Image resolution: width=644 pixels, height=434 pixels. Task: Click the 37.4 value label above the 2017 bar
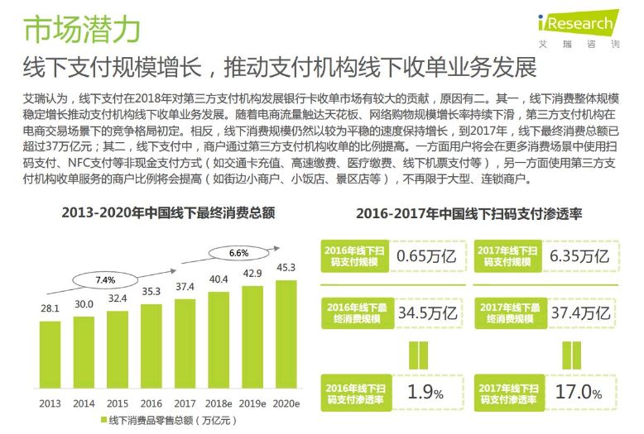[x=185, y=286]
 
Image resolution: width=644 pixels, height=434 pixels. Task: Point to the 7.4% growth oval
[x=105, y=279]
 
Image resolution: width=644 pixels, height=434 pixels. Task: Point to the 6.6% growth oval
[x=238, y=252]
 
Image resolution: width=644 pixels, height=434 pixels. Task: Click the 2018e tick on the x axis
[x=219, y=403]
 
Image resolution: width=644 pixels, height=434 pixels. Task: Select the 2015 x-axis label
[x=118, y=403]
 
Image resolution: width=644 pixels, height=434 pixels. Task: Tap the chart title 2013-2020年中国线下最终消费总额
[x=168, y=212]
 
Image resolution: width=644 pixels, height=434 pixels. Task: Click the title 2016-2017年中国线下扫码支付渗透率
[x=469, y=212]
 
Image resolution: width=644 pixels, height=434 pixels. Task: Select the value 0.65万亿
[x=426, y=255]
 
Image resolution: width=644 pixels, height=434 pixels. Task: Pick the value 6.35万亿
[x=579, y=255]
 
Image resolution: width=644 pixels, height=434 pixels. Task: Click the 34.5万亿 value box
[x=427, y=312]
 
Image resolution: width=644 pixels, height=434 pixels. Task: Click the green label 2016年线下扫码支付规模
[x=353, y=255]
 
